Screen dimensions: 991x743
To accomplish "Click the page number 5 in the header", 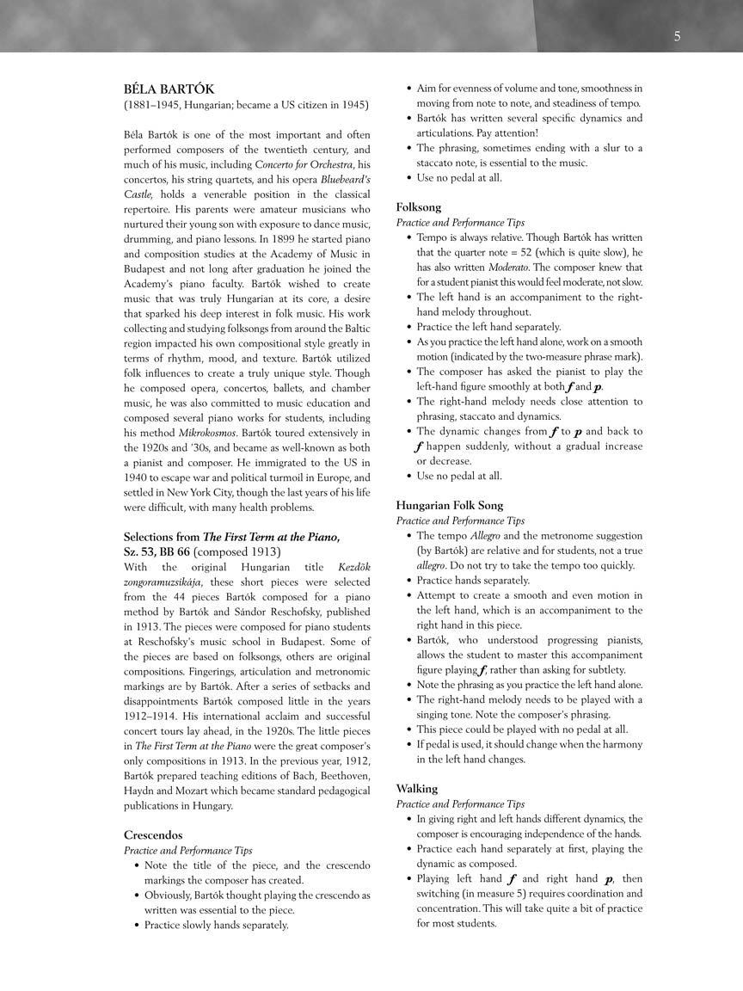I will [x=678, y=36].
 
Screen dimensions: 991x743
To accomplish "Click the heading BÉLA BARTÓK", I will [x=169, y=89].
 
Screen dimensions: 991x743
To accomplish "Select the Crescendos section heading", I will [x=153, y=835].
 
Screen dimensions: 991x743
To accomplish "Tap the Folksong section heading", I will [x=419, y=207].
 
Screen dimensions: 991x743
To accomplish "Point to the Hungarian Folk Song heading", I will [x=450, y=506].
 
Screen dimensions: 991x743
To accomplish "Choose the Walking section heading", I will [x=417, y=789].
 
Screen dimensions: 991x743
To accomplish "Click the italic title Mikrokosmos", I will [x=204, y=433].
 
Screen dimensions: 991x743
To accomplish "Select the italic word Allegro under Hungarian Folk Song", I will [x=485, y=536].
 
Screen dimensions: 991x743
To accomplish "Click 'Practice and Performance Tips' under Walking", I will [x=460, y=804].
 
